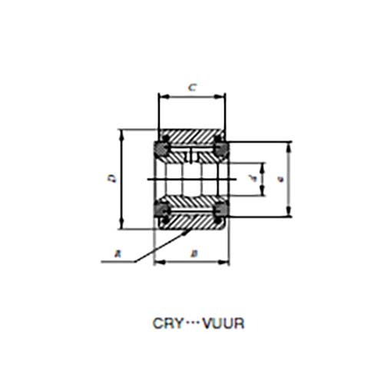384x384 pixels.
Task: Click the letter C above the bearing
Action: tap(192, 88)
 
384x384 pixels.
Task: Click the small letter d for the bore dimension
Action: tap(252, 180)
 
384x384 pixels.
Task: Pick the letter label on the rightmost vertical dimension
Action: tap(282, 179)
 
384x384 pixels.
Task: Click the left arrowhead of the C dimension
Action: tap(161, 97)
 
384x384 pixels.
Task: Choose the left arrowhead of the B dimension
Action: tap(157, 262)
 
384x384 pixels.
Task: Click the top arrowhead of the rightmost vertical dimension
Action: tap(290, 145)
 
